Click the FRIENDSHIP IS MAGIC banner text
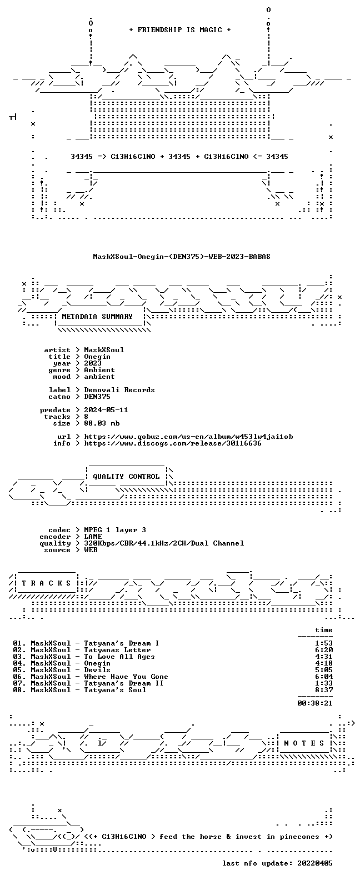[180, 30]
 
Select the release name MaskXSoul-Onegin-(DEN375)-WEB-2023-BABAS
[182, 257]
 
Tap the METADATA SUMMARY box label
[97, 317]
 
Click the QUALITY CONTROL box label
[126, 477]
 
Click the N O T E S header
[304, 743]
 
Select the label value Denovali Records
[119, 390]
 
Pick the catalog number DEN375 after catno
[97, 397]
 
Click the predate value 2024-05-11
[106, 410]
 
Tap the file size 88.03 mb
[102, 423]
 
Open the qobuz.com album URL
[188, 437]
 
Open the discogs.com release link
[173, 443]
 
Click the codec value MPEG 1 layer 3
[115, 530]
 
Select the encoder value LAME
[93, 537]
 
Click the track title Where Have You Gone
[126, 677]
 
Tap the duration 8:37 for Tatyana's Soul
[324, 690]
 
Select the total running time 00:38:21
[315, 703]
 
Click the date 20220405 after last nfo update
[315, 863]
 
